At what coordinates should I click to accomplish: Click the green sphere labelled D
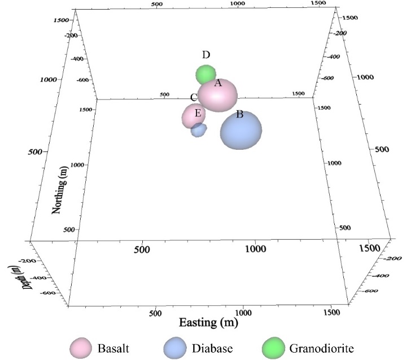pos(206,74)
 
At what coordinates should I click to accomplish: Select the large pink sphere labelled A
pos(217,96)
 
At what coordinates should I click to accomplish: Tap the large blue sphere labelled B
pos(241,130)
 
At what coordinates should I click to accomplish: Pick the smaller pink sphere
pos(193,116)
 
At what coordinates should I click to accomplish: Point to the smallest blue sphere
pos(198,131)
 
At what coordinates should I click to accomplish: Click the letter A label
pos(217,83)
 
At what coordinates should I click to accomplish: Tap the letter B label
pos(239,114)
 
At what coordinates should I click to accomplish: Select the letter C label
pos(193,98)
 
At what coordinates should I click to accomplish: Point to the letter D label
pos(206,55)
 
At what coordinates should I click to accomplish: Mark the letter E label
pos(198,113)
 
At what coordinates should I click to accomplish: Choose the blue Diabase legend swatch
pos(175,348)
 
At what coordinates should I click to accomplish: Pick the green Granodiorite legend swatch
pos(275,348)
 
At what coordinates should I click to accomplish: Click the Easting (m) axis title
pos(208,323)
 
